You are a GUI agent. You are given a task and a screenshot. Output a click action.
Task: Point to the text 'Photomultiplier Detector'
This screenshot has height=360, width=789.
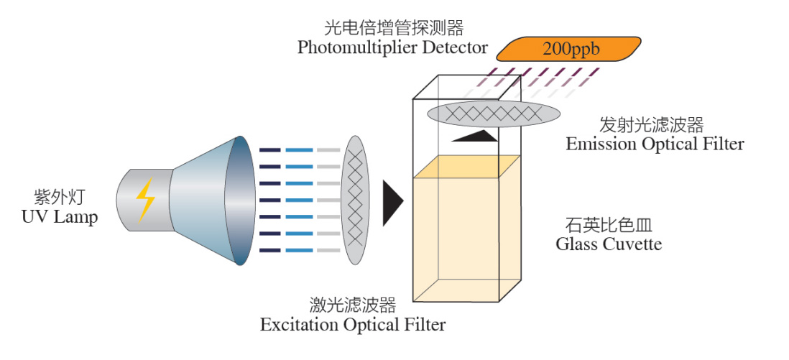pyautogui.click(x=393, y=48)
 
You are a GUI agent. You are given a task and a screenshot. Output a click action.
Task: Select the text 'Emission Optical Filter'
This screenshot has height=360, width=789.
pyautogui.click(x=655, y=144)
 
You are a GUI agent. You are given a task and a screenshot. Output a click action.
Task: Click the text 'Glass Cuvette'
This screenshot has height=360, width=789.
pyautogui.click(x=609, y=244)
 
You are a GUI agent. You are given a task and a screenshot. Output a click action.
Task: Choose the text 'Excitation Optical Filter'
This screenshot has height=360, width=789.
pyautogui.click(x=353, y=325)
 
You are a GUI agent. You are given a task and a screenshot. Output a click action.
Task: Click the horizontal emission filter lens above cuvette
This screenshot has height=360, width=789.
pyautogui.click(x=494, y=113)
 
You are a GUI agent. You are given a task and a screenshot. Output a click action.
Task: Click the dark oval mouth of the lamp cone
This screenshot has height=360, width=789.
pyautogui.click(x=239, y=200)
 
